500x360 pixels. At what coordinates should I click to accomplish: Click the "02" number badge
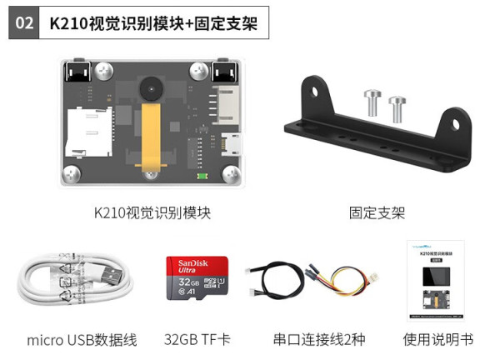(25, 24)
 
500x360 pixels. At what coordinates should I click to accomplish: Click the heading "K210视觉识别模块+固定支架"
(155, 24)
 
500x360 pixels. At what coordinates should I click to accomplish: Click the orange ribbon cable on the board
(152, 137)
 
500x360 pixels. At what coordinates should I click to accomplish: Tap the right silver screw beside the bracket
(397, 109)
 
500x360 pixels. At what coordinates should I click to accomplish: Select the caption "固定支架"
(377, 212)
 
